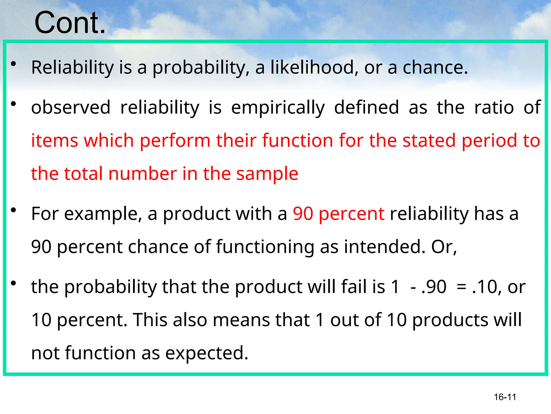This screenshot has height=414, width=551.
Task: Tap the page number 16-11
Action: click(505, 397)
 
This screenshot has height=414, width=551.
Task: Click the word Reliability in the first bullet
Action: click(72, 67)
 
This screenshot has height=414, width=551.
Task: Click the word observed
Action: click(71, 107)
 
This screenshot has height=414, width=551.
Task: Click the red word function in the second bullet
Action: click(297, 140)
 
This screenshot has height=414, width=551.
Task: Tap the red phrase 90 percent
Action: click(338, 214)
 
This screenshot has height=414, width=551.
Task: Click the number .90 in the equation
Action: click(434, 287)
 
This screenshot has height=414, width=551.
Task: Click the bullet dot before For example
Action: click(13, 210)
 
